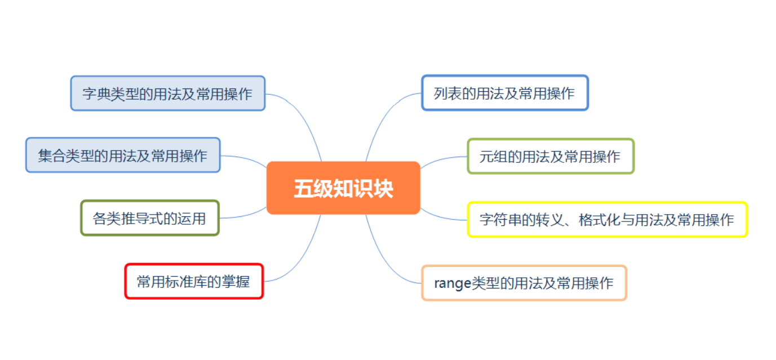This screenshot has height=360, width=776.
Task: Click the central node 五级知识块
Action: [x=343, y=188]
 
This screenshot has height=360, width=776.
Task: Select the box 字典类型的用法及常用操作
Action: [x=168, y=94]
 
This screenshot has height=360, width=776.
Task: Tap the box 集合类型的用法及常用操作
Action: [x=123, y=155]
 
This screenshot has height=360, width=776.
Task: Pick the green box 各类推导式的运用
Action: [x=150, y=218]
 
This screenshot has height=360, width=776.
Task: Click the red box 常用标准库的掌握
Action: [x=194, y=281]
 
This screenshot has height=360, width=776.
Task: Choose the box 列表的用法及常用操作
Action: [x=505, y=93]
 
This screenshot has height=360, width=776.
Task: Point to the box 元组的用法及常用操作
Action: [x=551, y=156]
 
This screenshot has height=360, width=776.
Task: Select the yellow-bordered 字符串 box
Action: [x=607, y=219]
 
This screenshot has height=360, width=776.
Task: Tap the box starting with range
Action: [x=524, y=283]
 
